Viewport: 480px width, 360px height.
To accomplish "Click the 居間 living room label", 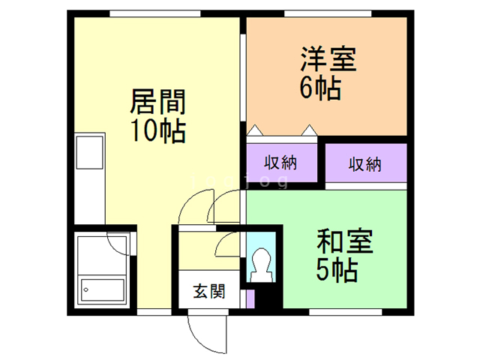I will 158,100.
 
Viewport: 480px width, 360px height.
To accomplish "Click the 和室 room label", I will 345,241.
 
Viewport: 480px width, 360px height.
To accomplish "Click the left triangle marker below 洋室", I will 255,130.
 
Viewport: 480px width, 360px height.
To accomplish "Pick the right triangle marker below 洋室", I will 309,130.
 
